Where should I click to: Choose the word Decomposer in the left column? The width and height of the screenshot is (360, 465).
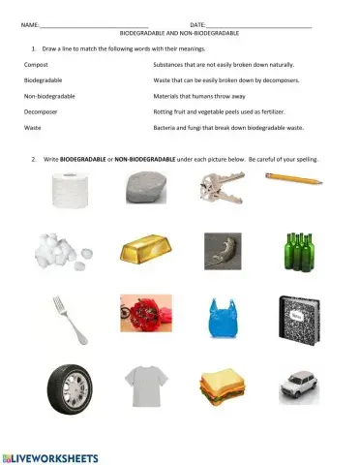click(x=40, y=111)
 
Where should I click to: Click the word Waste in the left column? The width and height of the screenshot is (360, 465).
click(x=32, y=128)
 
